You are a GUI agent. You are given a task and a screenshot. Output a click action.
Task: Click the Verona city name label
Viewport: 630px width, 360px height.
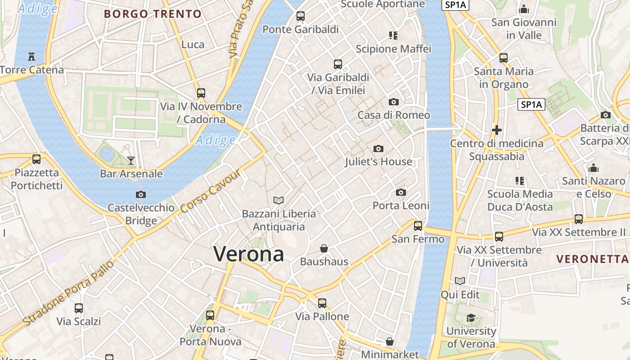coord(249,254)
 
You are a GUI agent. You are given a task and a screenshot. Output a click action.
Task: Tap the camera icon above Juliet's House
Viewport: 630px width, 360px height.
coord(378,148)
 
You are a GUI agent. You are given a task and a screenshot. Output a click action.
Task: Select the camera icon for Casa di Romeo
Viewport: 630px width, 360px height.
coord(394,102)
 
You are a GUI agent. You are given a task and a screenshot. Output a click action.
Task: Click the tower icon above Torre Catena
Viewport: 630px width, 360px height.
coord(31,57)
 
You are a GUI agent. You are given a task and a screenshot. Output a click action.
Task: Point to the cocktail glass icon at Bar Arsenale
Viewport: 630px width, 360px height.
coord(131,160)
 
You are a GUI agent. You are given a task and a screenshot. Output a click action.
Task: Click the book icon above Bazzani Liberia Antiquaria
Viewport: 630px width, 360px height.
coord(279,200)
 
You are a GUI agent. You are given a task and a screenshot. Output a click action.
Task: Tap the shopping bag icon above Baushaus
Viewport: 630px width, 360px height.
coord(324,248)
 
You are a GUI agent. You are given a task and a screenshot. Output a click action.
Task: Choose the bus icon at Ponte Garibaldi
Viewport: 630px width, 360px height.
coord(301,17)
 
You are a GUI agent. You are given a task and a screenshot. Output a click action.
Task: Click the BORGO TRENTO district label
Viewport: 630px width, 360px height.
coord(153,14)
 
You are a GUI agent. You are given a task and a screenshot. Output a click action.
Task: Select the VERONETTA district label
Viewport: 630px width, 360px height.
coord(592,259)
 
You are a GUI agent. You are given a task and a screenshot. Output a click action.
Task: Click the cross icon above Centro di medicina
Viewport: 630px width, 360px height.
coord(497,130)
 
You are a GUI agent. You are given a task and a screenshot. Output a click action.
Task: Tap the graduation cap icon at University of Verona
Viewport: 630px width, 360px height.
coord(471,318)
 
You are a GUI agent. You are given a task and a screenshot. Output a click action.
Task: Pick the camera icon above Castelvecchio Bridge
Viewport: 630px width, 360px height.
coord(141,194)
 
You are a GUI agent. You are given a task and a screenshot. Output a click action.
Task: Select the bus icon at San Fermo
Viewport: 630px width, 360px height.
coord(418,226)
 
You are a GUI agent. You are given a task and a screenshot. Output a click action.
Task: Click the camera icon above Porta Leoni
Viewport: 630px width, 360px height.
coord(401,193)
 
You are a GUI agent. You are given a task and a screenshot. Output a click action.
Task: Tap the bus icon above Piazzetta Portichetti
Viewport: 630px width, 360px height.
coord(36,159)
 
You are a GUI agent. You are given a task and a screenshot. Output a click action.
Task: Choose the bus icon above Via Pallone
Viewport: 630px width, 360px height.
coord(322,303)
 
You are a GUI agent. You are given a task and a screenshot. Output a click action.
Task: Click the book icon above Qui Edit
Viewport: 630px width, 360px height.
coord(460,281)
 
